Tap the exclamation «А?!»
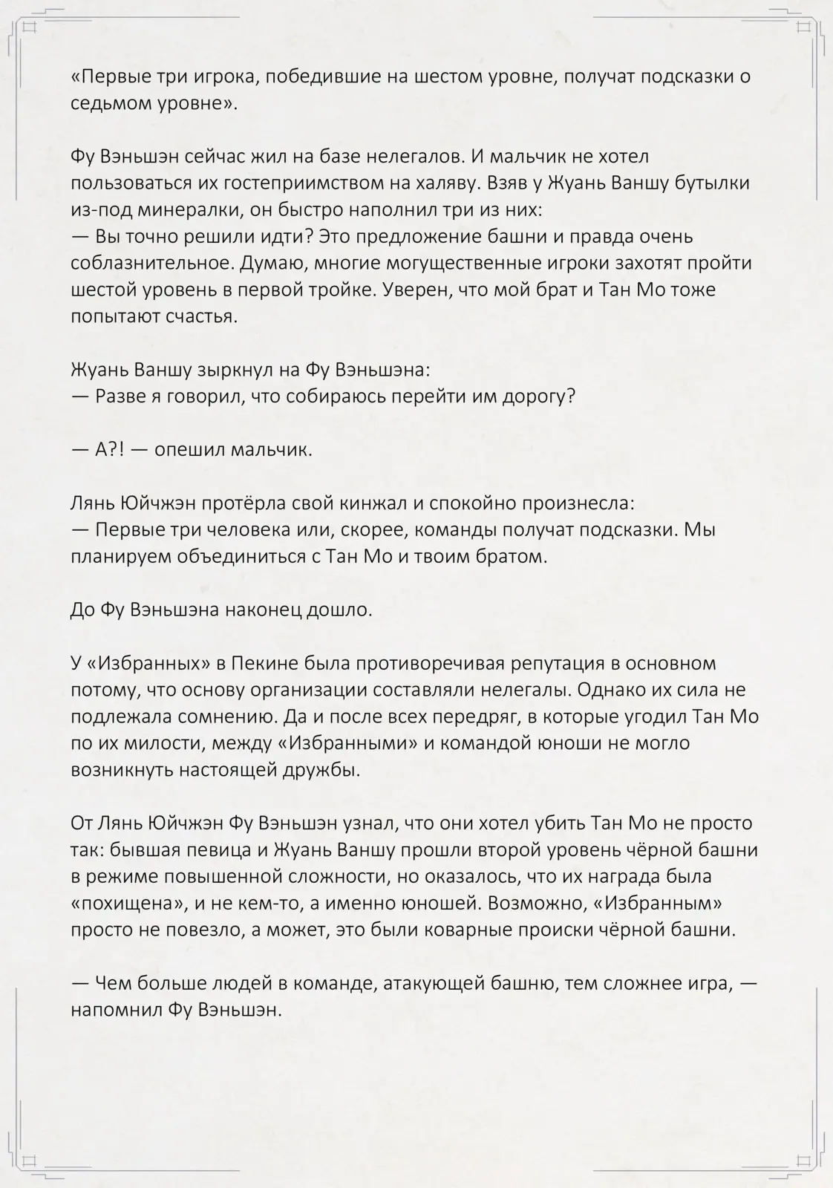(x=110, y=450)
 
